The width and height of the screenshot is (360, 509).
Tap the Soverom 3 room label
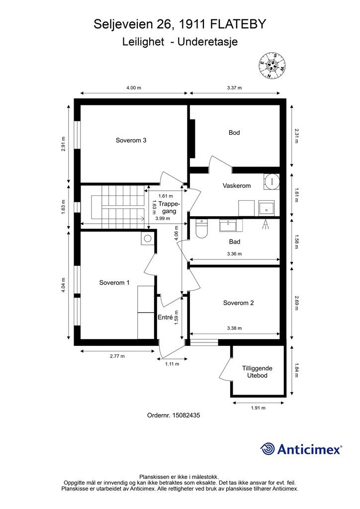pyautogui.click(x=131, y=140)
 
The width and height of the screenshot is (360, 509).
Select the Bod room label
pyautogui.click(x=234, y=132)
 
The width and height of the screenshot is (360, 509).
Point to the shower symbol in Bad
pyautogui.click(x=266, y=224)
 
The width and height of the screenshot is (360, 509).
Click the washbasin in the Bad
pyautogui.click(x=231, y=225)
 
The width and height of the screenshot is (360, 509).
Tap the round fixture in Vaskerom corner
pyautogui.click(x=271, y=181)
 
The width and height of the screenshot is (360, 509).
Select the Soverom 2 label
pyautogui.click(x=238, y=303)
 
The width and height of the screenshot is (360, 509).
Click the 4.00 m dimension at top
pyautogui.click(x=134, y=87)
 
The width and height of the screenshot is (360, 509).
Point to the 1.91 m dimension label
pyautogui.click(x=258, y=408)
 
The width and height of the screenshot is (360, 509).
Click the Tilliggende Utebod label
pyautogui.click(x=257, y=372)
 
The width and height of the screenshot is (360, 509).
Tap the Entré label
pyautogui.click(x=165, y=317)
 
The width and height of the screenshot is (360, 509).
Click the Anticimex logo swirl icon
pyautogui.click(x=268, y=449)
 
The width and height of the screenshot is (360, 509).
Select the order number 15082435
pyautogui.click(x=186, y=415)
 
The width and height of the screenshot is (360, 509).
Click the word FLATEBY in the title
pyautogui.click(x=238, y=24)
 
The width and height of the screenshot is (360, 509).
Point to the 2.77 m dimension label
pyautogui.click(x=117, y=356)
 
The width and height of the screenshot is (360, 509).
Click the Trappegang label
pyautogui.click(x=169, y=207)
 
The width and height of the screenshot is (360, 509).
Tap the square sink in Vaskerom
pyautogui.click(x=266, y=208)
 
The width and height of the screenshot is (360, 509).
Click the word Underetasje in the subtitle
pyautogui.click(x=207, y=42)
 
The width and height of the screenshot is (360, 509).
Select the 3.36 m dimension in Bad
pyautogui.click(x=234, y=254)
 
